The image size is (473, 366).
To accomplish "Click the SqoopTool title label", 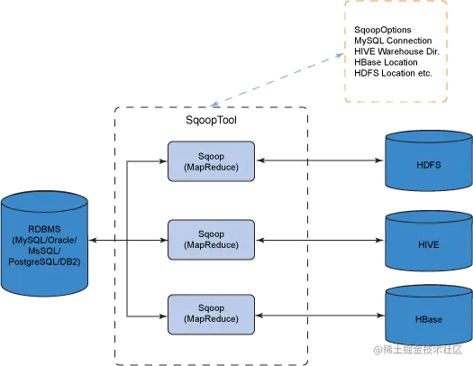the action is (x=211, y=120).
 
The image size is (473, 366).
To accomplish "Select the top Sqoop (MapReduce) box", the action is (x=211, y=161).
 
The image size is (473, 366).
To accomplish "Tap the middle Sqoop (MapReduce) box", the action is (x=211, y=240).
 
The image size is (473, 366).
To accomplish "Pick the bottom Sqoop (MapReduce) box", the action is (x=211, y=315).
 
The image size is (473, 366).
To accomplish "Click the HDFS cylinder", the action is (x=429, y=160).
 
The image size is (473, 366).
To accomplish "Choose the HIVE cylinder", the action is (x=429, y=241).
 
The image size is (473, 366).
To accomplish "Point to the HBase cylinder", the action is (x=429, y=316).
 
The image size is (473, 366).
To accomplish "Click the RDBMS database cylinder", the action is (x=44, y=243).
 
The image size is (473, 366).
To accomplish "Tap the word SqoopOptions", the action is (x=383, y=30).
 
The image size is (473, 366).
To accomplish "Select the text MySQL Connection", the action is (x=393, y=41).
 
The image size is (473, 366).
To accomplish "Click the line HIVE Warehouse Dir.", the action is (x=396, y=51).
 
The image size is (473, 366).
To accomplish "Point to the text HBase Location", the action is (x=386, y=62).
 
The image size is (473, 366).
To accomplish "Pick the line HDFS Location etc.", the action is (x=393, y=73).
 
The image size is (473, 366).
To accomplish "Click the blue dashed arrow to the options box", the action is (x=277, y=80).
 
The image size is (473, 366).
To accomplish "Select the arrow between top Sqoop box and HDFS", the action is (x=320, y=160).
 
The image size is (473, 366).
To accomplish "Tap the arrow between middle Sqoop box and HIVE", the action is (x=320, y=240).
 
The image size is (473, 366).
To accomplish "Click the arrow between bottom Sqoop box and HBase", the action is (x=320, y=316).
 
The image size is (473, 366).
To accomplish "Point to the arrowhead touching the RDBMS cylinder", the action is (x=92, y=240).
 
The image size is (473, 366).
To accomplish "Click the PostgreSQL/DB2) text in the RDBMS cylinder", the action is (x=44, y=261).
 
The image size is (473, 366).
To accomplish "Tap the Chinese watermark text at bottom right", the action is (x=418, y=350).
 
